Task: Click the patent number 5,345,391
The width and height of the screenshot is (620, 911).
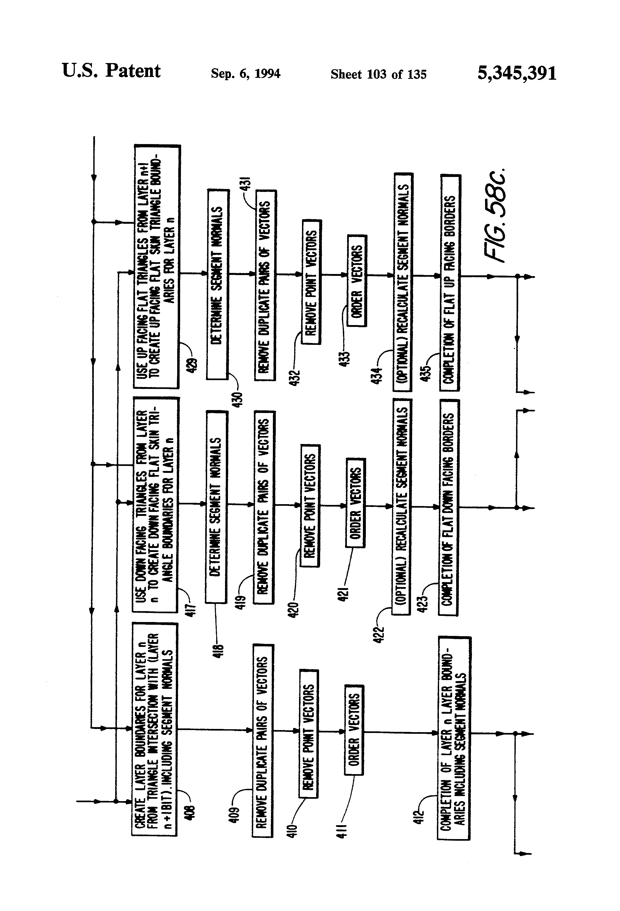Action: click(517, 73)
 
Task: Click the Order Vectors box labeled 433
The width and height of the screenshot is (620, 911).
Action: click(357, 281)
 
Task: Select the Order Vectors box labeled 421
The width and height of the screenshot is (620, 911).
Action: click(355, 503)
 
